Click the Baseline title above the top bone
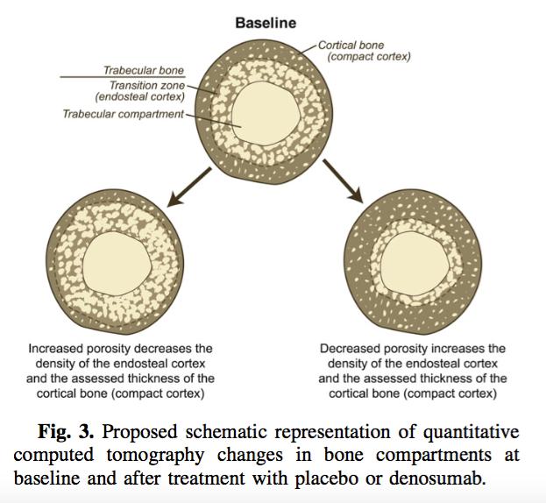click(266, 23)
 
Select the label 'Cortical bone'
click(351, 46)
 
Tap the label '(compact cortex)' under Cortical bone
click(369, 56)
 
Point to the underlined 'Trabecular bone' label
click(144, 70)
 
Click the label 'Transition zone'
click(147, 85)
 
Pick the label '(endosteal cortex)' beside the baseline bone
click(140, 96)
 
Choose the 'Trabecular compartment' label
click(123, 114)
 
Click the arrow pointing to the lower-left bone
click(189, 188)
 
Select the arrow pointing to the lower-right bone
click(343, 181)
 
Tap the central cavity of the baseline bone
click(266, 113)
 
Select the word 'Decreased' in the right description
click(350, 349)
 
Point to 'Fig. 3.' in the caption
click(66, 432)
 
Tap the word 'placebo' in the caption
click(327, 478)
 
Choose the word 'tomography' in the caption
click(155, 456)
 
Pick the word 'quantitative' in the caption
click(472, 433)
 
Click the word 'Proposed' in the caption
click(139, 433)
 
